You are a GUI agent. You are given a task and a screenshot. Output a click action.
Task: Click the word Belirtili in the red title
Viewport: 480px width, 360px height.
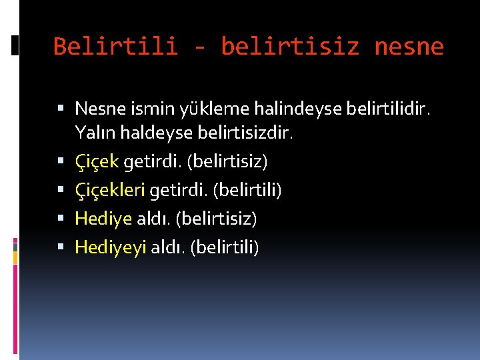(x=115, y=47)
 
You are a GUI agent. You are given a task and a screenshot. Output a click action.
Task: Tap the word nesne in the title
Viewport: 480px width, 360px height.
(x=409, y=47)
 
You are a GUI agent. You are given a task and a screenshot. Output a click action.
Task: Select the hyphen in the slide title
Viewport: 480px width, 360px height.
(x=199, y=47)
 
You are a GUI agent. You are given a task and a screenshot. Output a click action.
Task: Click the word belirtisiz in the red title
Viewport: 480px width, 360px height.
(x=290, y=47)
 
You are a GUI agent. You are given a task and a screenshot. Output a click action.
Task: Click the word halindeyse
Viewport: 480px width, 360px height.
(x=275, y=108)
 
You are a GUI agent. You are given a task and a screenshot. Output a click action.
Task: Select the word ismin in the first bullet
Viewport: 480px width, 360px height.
(x=139, y=108)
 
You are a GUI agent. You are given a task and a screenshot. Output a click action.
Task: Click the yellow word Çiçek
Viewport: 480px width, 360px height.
(x=97, y=161)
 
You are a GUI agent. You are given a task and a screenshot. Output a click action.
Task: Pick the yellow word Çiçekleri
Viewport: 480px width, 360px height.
(x=110, y=191)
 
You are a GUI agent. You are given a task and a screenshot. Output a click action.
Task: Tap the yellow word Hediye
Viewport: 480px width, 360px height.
(x=103, y=218)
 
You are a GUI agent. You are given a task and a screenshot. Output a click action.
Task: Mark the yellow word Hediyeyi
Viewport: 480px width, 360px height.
(x=110, y=247)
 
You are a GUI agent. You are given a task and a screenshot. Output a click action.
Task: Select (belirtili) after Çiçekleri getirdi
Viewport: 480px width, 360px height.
(x=247, y=191)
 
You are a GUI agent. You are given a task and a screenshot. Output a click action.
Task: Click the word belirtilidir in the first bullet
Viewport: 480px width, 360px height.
(x=383, y=108)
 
